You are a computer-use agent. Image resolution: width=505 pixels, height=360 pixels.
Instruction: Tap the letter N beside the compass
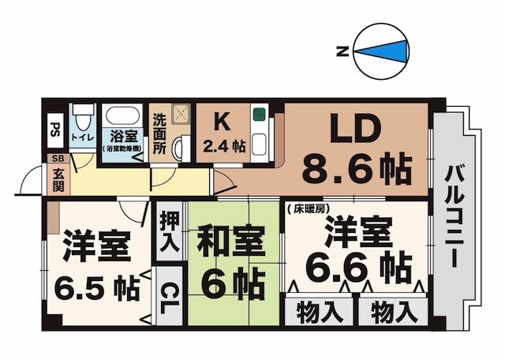(342, 52)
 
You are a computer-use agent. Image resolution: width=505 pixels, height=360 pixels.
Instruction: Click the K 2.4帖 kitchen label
(223, 133)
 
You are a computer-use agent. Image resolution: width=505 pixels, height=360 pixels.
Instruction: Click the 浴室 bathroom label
(124, 136)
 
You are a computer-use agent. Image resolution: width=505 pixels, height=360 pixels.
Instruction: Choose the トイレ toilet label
(80, 137)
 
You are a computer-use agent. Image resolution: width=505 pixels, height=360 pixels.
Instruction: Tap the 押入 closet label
(168, 231)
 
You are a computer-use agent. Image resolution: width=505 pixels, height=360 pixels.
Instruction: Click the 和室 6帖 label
(232, 260)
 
